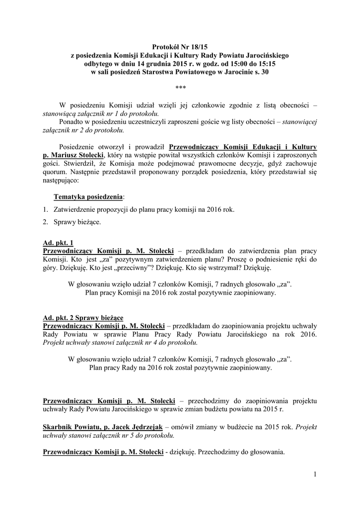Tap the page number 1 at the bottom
click(x=315, y=474)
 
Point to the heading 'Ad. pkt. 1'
click(x=58, y=243)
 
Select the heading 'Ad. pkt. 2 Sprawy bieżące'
click(x=83, y=317)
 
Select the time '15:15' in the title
click(x=264, y=63)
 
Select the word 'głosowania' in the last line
click(x=267, y=452)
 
